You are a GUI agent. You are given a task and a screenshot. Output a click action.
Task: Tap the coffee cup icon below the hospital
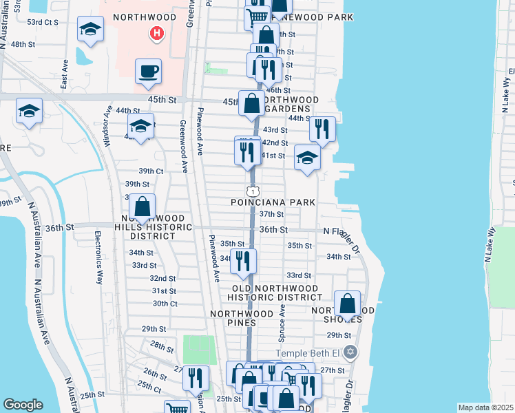[x=149, y=71]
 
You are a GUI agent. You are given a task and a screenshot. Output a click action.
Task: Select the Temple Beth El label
[x=310, y=353]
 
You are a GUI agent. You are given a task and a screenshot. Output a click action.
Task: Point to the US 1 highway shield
[x=253, y=191]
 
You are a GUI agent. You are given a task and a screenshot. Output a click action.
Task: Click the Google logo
[x=23, y=405]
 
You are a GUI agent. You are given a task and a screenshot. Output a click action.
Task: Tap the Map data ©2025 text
[x=485, y=407]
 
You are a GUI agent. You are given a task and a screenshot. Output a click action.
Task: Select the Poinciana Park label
[x=274, y=202]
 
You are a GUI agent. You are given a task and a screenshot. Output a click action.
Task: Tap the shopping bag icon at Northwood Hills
[x=142, y=206]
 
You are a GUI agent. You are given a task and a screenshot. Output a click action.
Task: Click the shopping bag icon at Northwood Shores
[x=348, y=304]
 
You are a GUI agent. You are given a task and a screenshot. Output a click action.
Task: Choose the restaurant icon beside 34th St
[x=243, y=261]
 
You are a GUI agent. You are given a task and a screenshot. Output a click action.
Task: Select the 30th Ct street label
[x=165, y=304]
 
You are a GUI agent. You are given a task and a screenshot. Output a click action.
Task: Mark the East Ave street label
[x=64, y=73]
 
